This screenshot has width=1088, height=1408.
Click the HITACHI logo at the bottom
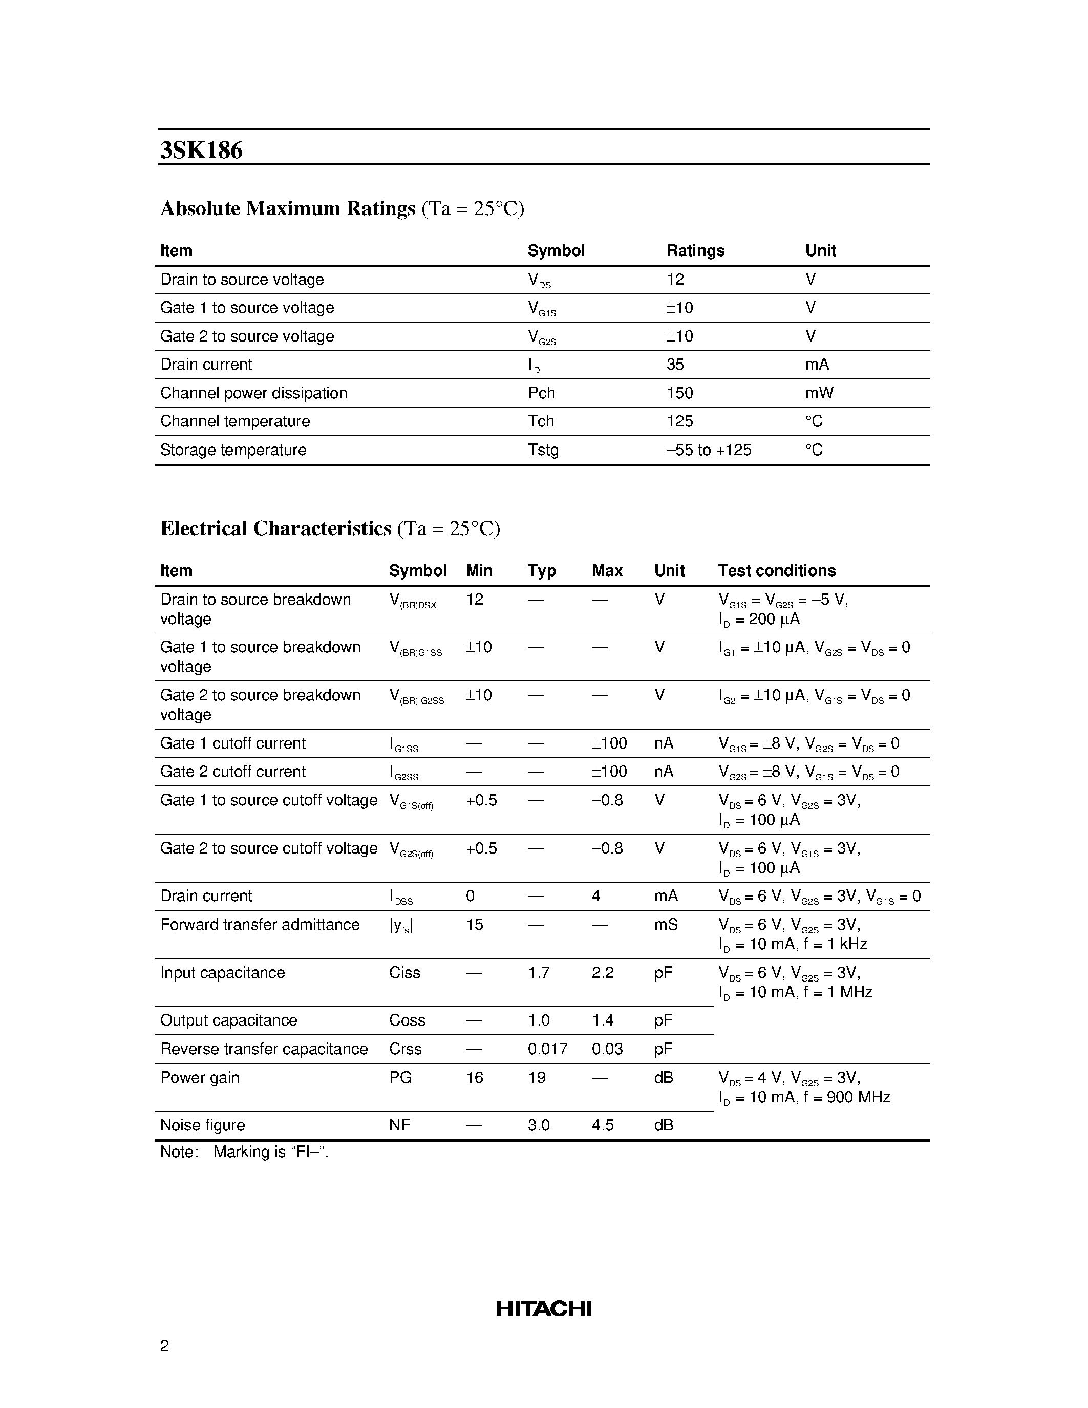[543, 1308]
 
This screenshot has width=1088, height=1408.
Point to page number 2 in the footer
[164, 1346]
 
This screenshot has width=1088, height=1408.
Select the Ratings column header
[695, 251]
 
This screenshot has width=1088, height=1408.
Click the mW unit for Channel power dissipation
[819, 393]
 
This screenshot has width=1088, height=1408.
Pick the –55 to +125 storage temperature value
[709, 450]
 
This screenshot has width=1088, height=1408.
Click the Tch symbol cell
[541, 421]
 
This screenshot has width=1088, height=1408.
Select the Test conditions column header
[776, 570]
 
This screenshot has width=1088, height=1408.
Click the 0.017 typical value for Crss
[547, 1049]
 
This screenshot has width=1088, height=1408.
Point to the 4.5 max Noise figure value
[602, 1125]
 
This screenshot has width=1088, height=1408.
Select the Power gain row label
[199, 1077]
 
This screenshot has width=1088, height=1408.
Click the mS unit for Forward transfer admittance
[665, 925]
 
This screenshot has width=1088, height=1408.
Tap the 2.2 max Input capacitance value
[602, 972]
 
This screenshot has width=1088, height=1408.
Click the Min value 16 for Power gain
[475, 1077]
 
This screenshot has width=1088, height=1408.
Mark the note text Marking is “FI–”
[271, 1152]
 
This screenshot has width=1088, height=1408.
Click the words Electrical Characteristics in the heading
[275, 529]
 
